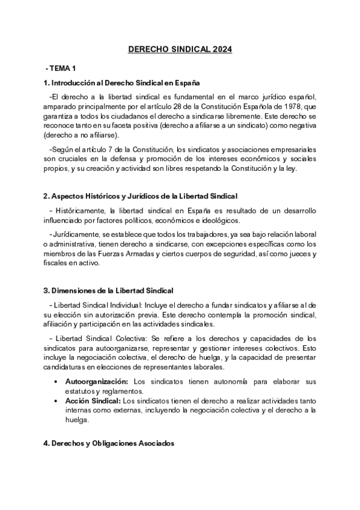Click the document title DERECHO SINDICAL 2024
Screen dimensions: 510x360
pyautogui.click(x=180, y=51)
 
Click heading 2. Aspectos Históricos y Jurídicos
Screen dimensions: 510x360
pyautogui.click(x=141, y=196)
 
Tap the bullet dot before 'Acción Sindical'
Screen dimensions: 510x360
pyautogui.click(x=56, y=401)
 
